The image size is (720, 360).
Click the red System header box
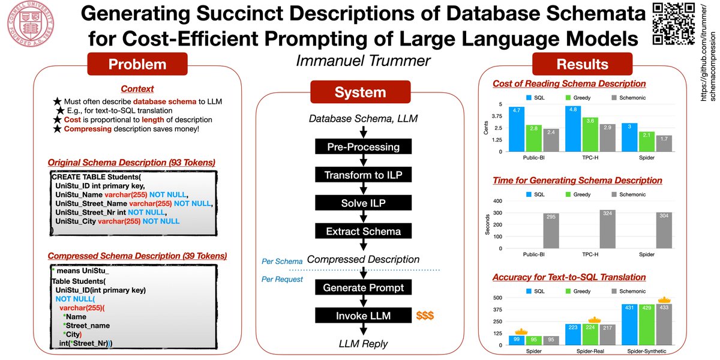[x=360, y=92]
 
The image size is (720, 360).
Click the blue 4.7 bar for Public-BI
[x=516, y=129]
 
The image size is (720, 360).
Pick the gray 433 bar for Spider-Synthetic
[x=664, y=324]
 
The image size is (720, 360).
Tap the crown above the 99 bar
[x=521, y=331]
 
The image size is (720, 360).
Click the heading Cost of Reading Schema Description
[x=569, y=83]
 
